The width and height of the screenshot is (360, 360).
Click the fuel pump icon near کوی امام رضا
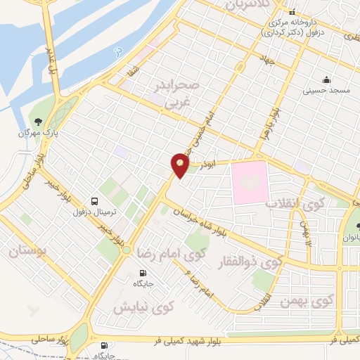[143, 274]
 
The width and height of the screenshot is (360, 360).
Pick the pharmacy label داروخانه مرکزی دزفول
[292, 27]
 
